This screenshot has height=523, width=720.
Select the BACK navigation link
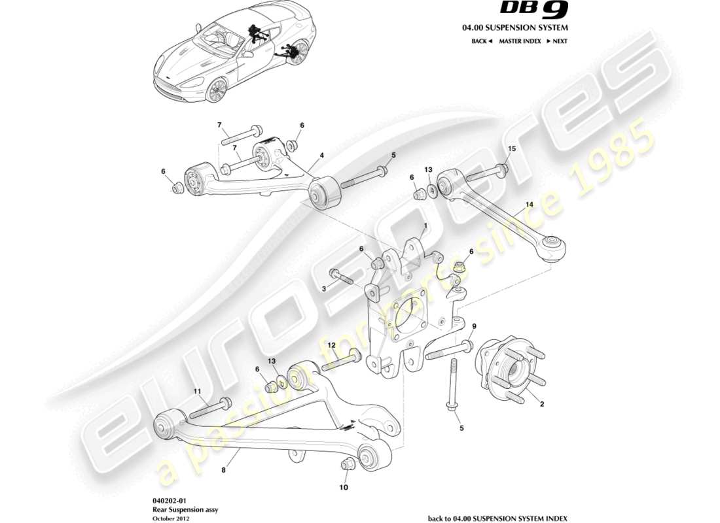pos(481,41)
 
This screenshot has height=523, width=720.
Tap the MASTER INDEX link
pos(520,41)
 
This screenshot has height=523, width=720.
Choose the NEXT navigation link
pos(556,41)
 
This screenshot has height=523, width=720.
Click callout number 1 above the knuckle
pos(425,226)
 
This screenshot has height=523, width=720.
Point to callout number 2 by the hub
pos(542,404)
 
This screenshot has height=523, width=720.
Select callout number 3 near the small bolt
pos(322,288)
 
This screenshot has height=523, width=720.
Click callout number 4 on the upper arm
pos(322,156)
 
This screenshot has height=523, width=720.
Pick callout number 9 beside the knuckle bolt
pos(475,326)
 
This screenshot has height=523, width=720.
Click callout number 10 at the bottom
pos(344,487)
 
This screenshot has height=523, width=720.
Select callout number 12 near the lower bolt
pos(331,345)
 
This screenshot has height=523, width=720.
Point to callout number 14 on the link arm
pos(530,205)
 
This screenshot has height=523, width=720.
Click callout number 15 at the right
pos(512,149)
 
